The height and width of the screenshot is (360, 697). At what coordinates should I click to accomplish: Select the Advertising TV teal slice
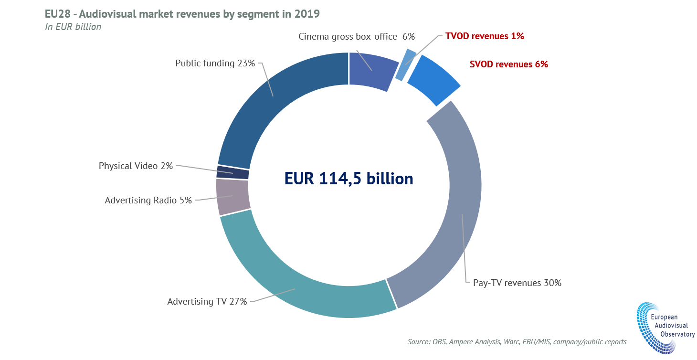click(x=306, y=286)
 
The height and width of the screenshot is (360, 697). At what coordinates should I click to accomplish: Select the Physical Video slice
click(x=233, y=172)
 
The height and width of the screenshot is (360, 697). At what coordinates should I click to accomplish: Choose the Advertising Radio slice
click(x=233, y=196)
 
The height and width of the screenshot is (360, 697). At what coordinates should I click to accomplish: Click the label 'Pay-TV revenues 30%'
click(x=517, y=283)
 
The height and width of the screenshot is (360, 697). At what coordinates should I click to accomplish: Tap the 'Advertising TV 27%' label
click(x=207, y=301)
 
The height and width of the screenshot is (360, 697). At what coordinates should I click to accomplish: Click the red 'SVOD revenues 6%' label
click(x=509, y=64)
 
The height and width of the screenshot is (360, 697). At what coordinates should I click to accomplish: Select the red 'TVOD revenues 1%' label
click(x=485, y=36)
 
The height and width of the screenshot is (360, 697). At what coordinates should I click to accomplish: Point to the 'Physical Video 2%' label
click(x=136, y=166)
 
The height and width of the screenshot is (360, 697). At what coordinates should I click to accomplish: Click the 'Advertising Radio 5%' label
click(x=148, y=201)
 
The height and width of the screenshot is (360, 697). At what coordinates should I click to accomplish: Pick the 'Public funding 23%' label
click(x=215, y=63)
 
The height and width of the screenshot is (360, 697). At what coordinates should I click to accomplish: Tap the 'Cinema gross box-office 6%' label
click(x=357, y=36)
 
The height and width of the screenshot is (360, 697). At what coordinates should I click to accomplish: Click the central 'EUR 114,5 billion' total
click(x=348, y=178)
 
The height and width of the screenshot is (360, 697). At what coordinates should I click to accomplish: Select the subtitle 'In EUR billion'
click(x=73, y=27)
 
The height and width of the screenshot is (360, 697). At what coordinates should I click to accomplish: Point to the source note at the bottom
click(x=517, y=342)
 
